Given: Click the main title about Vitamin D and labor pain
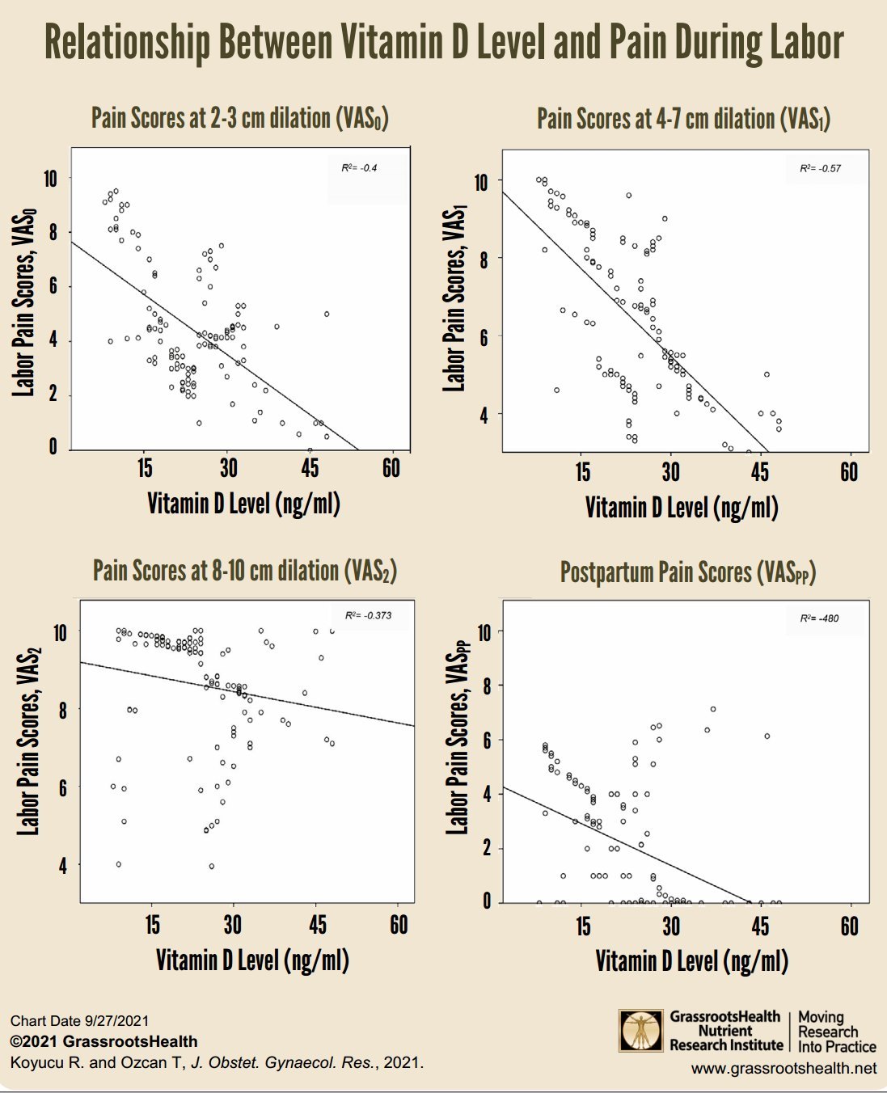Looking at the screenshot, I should coord(444,42).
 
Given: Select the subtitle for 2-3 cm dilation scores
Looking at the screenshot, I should coord(240,119).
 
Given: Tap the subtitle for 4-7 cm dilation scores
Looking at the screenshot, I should coord(683,120).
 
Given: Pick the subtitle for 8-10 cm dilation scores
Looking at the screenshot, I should coord(244,571).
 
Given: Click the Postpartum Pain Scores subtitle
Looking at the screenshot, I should coord(688,573).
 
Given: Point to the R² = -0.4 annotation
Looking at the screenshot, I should coord(359,168).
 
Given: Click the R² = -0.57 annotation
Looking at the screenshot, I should coord(820,169).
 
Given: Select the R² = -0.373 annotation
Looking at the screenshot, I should coord(369,615).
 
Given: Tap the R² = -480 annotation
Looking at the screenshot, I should coord(819,618).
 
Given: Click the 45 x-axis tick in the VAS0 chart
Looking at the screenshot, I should coord(310,468).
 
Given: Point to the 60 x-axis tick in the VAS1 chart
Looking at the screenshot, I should coord(849,472).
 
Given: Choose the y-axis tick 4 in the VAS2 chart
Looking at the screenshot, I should coord(61,866).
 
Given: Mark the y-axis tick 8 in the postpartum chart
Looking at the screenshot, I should coord(484,686).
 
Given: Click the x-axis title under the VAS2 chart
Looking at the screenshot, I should coord(252,960).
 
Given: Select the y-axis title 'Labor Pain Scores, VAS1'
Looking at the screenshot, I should coord(454,299).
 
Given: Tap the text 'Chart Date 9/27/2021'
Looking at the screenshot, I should coord(79,1021).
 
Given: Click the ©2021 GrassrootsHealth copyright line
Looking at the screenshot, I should coord(103,1041).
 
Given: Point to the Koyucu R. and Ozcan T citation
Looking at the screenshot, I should coord(217,1062).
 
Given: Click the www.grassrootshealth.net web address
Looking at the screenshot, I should coord(784,1069).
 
